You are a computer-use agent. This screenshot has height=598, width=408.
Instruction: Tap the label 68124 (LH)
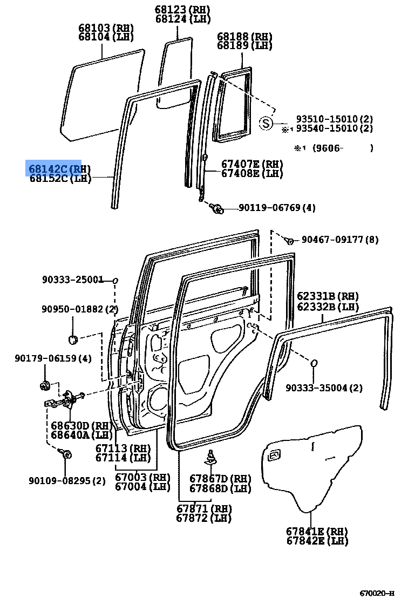pyautogui.click(x=182, y=19)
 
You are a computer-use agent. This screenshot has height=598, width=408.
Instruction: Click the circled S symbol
pyautogui.click(x=266, y=123)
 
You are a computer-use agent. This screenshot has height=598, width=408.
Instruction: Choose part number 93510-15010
pyautogui.click(x=327, y=119)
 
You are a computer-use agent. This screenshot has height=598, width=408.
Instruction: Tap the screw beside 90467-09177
pyautogui.click(x=290, y=240)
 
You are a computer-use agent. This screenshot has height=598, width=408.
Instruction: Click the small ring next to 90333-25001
pyautogui.click(x=115, y=280)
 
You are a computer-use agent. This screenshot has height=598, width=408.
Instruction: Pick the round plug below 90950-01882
pyautogui.click(x=73, y=338)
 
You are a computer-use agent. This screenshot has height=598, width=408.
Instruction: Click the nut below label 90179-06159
pyautogui.click(x=44, y=385)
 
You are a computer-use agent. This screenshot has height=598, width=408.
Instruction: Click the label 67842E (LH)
pyautogui.click(x=317, y=540)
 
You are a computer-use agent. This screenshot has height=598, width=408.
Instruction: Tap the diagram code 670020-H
pyautogui.click(x=382, y=593)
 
